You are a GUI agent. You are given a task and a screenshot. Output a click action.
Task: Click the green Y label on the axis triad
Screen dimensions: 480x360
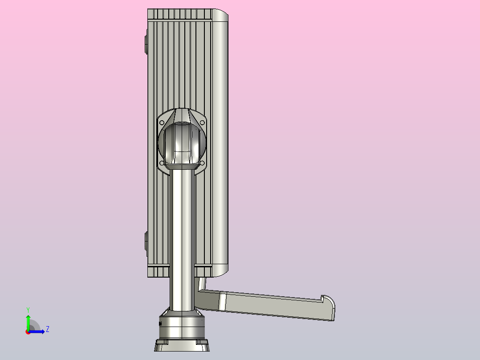click(x=28, y=310)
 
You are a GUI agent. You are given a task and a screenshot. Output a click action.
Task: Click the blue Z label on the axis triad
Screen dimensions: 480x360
click(x=48, y=329)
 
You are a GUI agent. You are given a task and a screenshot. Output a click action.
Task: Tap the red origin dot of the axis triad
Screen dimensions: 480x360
click(x=28, y=332)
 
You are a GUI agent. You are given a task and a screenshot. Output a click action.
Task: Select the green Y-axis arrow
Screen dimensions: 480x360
click(x=28, y=323)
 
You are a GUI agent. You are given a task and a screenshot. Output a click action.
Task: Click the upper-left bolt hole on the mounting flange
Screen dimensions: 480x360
click(x=162, y=123)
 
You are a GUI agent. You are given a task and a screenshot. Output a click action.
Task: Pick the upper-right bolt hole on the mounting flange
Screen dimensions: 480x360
click(x=202, y=123)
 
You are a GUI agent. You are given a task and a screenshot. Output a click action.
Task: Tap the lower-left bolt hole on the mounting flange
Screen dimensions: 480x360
click(x=162, y=163)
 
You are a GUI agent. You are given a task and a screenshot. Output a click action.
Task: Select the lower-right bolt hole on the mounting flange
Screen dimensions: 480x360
click(x=202, y=163)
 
